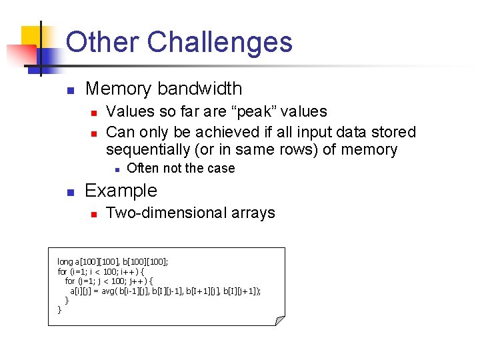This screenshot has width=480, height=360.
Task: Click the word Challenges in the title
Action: tap(219, 43)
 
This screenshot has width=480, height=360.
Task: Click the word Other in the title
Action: tap(103, 43)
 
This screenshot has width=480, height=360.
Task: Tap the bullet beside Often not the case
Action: tap(116, 169)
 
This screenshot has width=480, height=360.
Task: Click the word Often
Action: tap(143, 168)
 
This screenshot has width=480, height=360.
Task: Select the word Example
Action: tap(121, 191)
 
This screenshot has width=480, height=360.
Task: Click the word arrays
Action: tap(251, 213)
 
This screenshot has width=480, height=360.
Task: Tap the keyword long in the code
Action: tap(65, 262)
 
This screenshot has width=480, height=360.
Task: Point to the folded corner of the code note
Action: tap(280, 321)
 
